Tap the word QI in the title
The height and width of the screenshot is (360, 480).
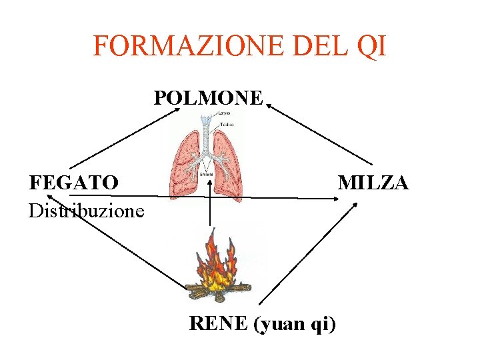[x=371, y=46]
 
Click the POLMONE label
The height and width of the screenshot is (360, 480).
[x=209, y=98]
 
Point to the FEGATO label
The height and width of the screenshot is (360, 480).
[x=74, y=182]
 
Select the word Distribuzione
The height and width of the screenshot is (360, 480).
[x=86, y=211]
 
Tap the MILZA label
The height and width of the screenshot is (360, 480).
[x=373, y=182]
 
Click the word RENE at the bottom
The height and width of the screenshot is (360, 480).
[x=218, y=324]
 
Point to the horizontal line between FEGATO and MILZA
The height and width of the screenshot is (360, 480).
[x=200, y=197]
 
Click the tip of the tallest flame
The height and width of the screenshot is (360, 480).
[x=213, y=231]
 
